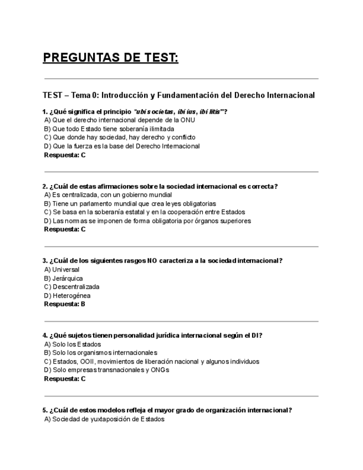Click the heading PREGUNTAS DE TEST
(111, 58)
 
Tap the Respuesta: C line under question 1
(64, 155)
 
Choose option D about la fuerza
(121, 146)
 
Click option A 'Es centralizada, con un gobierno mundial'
(108, 195)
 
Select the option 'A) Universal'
(62, 269)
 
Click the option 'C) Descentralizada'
(71, 287)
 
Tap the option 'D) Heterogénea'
(67, 295)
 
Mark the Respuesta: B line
(64, 304)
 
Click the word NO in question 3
(152, 260)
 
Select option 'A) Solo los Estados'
(72, 344)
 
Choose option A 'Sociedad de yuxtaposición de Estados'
(104, 419)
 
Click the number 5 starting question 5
(44, 410)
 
